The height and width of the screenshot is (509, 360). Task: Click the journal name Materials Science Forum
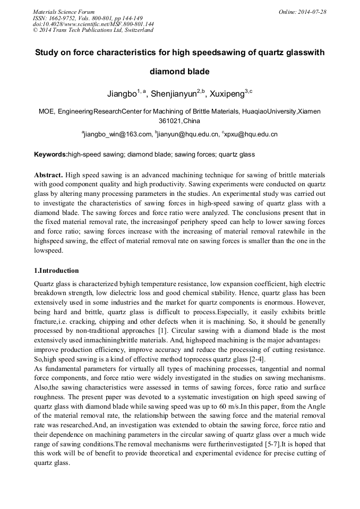coord(64,12)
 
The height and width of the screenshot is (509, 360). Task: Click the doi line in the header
coord(93,24)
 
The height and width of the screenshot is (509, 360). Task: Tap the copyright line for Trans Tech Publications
coord(93,30)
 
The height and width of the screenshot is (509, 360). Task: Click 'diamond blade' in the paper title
coord(179,71)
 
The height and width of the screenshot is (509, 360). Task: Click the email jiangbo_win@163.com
coord(118,135)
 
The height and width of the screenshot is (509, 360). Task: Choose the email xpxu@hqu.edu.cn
coord(251,135)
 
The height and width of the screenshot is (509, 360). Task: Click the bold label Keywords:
coord(50,154)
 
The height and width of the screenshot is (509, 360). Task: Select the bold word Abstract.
coord(48,175)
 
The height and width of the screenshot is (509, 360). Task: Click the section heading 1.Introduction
coord(56,271)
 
